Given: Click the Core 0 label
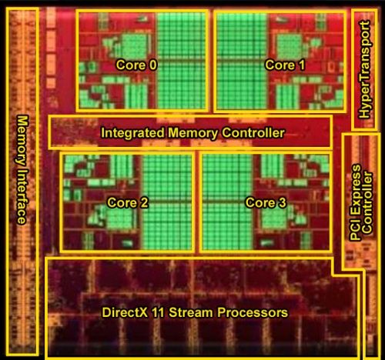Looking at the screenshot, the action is coord(136,65).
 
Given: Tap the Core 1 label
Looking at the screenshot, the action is coord(285,65).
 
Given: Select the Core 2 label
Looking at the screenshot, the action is coord(128,202).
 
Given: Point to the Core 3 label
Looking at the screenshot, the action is coord(266,202).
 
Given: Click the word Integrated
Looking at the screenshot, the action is coord(132,133).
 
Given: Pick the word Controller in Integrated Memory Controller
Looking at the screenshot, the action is coord(253,133).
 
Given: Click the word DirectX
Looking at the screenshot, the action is coord(125,312).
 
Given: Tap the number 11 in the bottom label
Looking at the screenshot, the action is coord(159,312).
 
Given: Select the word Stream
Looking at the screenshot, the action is coord(191,312).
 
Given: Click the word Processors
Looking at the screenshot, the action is coord(253,312).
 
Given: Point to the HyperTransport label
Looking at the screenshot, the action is coord(365,70).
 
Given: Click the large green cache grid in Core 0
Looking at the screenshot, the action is coord(182,61).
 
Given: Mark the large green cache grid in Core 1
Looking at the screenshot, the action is coord(242,61).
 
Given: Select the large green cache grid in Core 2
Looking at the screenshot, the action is coord(167,202).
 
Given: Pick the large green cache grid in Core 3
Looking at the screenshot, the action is coord(227,202).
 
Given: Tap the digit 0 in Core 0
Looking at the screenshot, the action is coord(152,65).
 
